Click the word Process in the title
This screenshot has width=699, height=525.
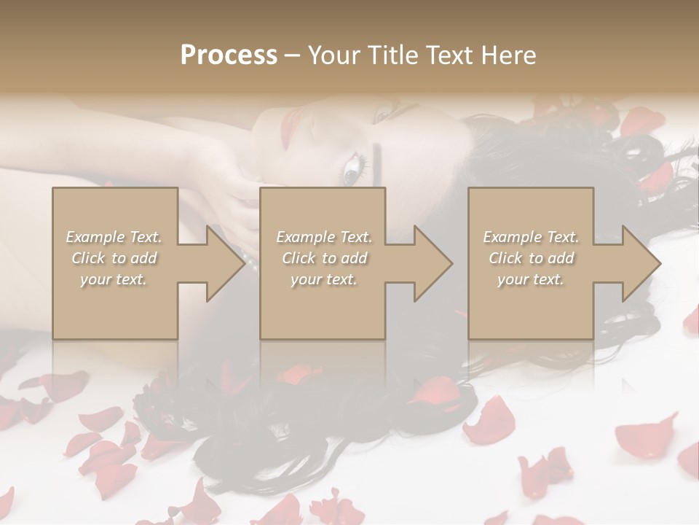click(x=229, y=55)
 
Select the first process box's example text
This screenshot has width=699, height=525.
click(x=114, y=257)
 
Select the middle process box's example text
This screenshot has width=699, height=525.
click(x=323, y=257)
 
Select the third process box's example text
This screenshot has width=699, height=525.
click(x=531, y=257)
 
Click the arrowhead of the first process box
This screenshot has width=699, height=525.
click(x=222, y=263)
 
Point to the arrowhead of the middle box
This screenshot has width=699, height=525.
click(x=430, y=263)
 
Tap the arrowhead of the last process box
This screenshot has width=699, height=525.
click(x=638, y=263)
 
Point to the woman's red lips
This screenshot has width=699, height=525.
click(x=285, y=125)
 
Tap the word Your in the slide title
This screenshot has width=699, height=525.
click(x=334, y=55)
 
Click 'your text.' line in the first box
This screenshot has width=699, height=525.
click(x=114, y=279)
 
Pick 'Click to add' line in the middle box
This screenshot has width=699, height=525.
click(x=324, y=257)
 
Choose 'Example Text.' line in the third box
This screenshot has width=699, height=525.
click(x=531, y=236)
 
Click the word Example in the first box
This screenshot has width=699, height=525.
click(x=95, y=236)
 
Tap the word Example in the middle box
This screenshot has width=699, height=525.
click(x=305, y=236)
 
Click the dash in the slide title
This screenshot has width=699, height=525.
click(x=293, y=55)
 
